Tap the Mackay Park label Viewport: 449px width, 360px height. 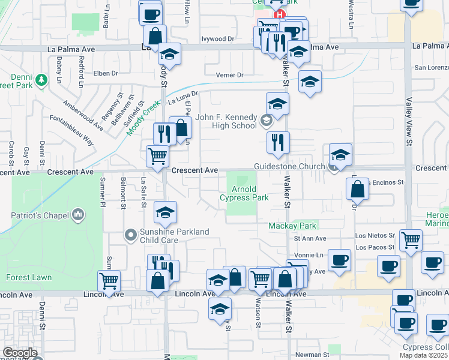292,226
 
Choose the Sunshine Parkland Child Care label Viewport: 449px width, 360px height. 175,236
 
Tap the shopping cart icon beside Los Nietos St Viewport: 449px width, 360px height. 411,239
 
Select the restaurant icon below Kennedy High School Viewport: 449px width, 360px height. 277,142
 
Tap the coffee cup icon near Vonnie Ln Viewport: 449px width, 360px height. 340,259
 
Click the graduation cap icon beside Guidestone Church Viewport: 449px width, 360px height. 340,154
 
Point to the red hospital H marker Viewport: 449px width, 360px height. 279,14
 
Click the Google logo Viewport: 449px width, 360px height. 19,353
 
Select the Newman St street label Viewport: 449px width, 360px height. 312,355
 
